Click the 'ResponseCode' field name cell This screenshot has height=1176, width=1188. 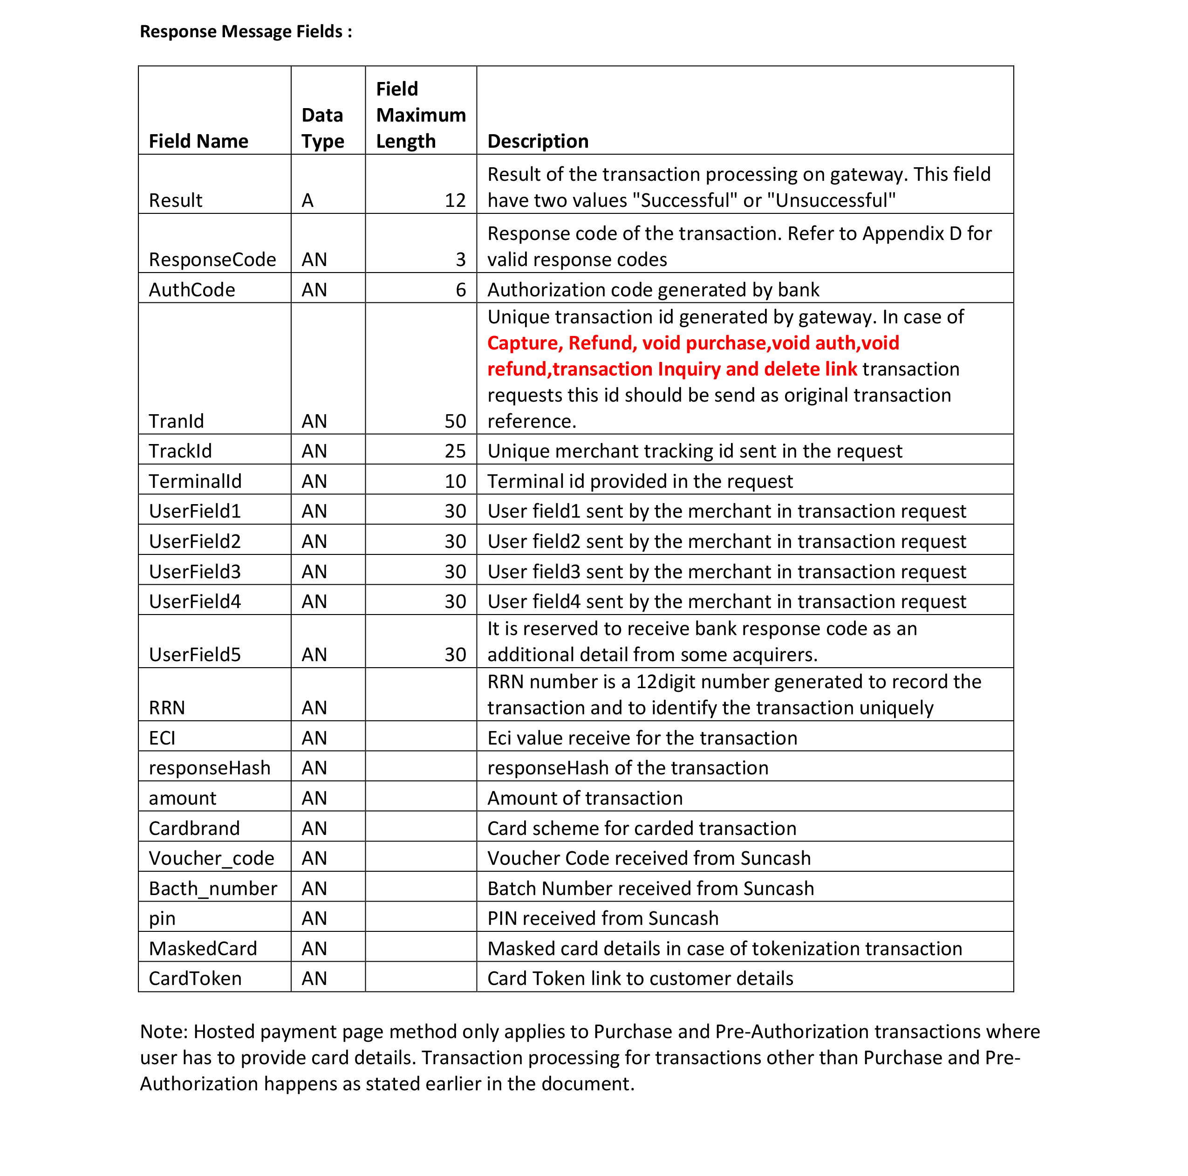click(212, 259)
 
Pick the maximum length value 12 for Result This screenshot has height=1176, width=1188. click(455, 200)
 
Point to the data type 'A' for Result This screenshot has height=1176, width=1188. click(307, 200)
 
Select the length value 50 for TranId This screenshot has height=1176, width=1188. click(455, 421)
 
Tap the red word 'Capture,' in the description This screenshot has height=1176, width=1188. click(525, 342)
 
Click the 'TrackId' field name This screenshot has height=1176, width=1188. click(180, 451)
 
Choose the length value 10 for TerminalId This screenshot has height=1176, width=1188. click(455, 481)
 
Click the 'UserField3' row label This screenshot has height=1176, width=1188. click(195, 571)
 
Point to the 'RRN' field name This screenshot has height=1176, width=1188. click(167, 707)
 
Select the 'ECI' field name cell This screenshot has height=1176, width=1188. click(162, 738)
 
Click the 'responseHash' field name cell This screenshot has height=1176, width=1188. click(210, 767)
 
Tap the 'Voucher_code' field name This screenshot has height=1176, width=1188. click(212, 858)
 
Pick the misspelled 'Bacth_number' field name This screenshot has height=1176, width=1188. click(213, 888)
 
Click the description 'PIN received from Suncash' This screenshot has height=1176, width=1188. click(602, 918)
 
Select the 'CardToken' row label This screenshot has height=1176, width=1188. click(195, 978)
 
